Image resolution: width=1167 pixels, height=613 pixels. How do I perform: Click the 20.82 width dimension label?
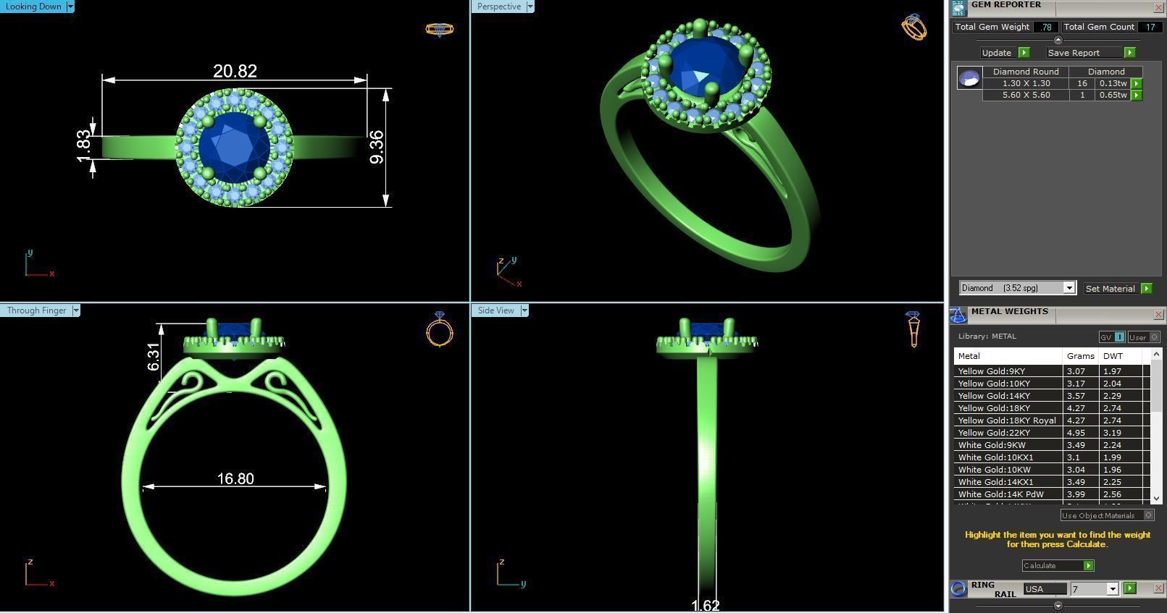(235, 71)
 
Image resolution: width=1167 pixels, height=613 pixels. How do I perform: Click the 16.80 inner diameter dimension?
(235, 478)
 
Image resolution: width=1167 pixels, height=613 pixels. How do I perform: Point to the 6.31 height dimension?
(153, 356)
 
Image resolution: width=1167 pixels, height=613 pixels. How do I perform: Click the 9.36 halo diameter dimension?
(376, 147)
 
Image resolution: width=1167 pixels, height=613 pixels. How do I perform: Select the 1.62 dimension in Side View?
(705, 605)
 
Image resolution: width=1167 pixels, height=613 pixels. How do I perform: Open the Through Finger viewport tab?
(36, 310)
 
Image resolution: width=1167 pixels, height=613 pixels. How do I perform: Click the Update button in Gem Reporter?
(997, 53)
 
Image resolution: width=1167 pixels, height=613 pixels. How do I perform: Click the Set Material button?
(1110, 288)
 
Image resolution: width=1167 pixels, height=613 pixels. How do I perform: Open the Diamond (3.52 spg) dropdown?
(1068, 288)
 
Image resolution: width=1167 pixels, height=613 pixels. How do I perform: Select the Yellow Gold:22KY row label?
(994, 433)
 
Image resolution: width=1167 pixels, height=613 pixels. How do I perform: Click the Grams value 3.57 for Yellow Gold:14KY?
(1076, 396)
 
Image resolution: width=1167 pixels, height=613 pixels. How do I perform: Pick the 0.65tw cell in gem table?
(1113, 95)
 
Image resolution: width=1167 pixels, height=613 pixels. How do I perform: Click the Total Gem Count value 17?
(1150, 27)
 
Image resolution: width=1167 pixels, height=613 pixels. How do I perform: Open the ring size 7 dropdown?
(1112, 589)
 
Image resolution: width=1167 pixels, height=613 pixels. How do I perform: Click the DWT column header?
(1113, 356)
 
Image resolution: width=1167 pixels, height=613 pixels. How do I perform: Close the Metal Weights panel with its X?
(1158, 315)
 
